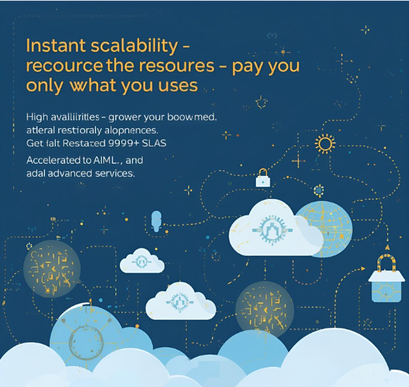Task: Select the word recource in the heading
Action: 59,66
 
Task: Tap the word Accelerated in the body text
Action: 57,161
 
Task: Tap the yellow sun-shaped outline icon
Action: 325,143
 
